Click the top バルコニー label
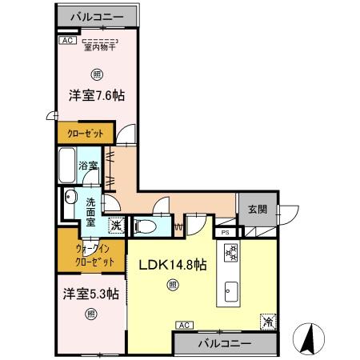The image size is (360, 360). (97, 16)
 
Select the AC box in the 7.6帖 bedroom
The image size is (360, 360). (67, 40)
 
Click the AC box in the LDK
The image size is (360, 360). (183, 324)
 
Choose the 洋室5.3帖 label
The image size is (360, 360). (91, 293)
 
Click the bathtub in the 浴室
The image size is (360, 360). (67, 166)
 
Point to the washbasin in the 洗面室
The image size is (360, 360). (69, 200)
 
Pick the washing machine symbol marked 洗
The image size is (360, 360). (116, 226)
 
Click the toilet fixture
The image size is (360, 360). (145, 226)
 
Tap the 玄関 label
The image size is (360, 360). (257, 210)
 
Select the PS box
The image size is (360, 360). (226, 233)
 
